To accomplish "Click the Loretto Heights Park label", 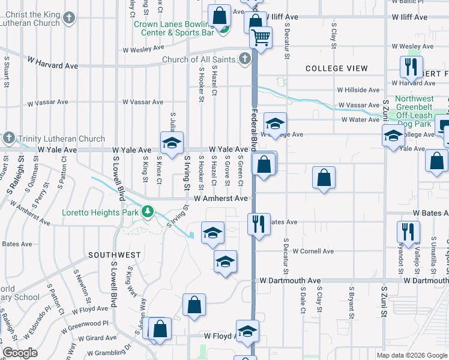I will tap(100, 212).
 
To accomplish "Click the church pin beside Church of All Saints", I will tap(244, 59).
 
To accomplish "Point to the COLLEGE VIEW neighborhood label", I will tap(337, 68).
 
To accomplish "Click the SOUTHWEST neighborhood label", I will tap(115, 255).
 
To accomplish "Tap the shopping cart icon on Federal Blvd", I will tap(261, 38).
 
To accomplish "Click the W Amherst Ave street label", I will tap(220, 198).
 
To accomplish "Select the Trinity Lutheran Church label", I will tap(53, 138).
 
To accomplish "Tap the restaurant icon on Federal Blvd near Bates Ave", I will tap(259, 224).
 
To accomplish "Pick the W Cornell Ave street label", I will tap(313, 251).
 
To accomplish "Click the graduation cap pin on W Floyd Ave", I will tap(247, 332).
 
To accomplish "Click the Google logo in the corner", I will tap(20, 352).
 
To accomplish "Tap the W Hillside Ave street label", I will tap(358, 90).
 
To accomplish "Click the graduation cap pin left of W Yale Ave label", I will tap(172, 143).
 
